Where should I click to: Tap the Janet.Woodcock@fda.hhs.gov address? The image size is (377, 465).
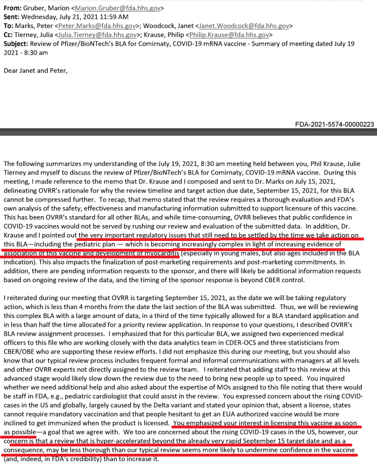pos(247,26)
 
